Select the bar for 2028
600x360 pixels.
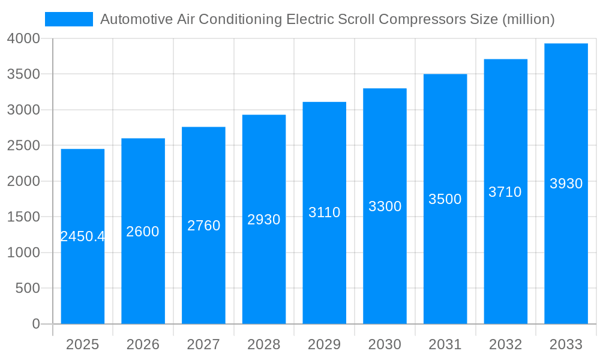264,270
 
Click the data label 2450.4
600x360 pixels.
83,236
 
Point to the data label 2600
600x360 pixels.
143,232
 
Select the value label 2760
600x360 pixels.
203,226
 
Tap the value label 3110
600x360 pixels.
324,212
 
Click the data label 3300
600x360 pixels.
385,206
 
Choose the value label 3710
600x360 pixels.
505,192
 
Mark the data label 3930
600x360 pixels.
566,184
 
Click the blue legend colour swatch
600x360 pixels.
69,19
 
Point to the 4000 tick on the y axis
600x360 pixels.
23,38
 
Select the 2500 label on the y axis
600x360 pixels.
23,146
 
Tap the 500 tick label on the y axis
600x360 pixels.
28,289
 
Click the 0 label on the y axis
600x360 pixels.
35,324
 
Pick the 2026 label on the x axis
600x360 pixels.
143,344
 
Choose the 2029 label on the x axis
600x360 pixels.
324,344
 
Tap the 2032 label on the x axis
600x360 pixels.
505,344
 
